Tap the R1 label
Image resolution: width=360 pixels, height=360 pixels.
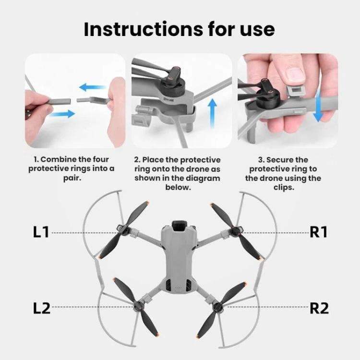[319, 232]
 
